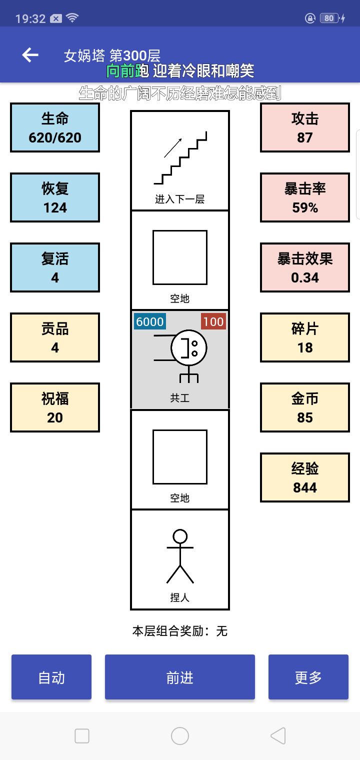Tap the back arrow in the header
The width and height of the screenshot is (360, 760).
(30, 55)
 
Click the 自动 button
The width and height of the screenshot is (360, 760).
(51, 677)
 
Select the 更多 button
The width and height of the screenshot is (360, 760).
(308, 677)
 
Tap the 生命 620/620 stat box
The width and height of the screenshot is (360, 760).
(55, 127)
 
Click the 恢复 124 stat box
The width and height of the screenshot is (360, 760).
(55, 197)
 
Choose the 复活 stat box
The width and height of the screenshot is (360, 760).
(55, 267)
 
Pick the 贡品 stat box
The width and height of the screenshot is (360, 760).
(55, 337)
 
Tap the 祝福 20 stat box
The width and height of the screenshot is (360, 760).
(55, 407)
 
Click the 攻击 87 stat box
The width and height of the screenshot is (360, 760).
(305, 127)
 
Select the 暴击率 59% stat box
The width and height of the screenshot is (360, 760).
(305, 197)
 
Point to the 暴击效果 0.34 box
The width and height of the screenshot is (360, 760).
(305, 267)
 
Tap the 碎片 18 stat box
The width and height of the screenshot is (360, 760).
(305, 337)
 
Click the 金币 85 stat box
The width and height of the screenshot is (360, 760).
(305, 407)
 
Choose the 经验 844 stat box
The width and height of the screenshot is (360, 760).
(305, 477)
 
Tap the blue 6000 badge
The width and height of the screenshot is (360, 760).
(150, 321)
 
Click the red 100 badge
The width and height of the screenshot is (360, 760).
(213, 321)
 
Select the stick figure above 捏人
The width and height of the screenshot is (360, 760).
(180, 556)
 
